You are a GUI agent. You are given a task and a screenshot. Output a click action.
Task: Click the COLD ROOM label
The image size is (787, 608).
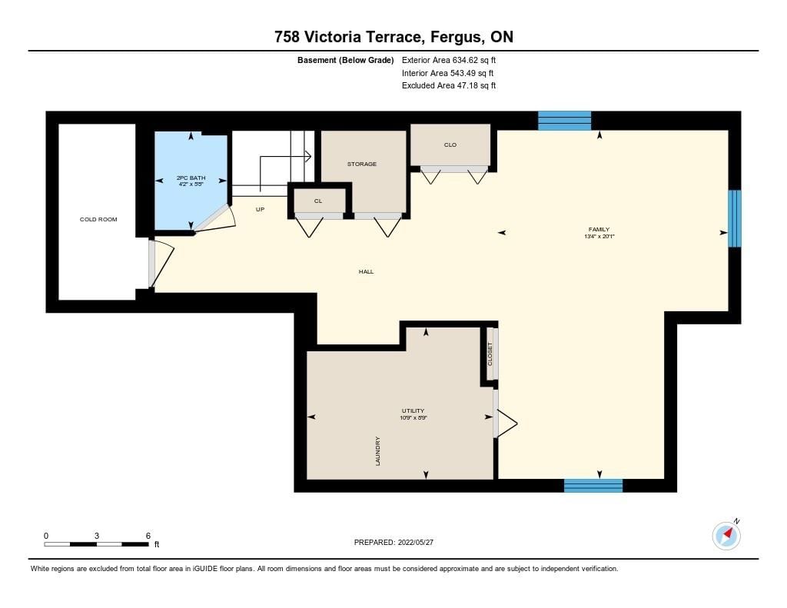[x=98, y=219]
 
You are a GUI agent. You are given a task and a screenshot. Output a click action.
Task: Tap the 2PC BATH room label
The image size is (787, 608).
[x=191, y=178]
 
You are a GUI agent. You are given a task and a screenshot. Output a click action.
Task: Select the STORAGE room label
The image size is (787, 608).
[x=362, y=164]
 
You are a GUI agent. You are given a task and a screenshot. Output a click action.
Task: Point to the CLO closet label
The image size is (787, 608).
[x=450, y=145]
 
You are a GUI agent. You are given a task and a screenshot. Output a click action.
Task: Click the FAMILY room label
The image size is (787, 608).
[x=599, y=230]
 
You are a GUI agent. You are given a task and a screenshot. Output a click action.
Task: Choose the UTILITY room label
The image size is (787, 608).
[x=413, y=410]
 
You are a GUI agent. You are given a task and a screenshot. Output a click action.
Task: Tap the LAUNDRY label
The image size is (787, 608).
[x=377, y=451]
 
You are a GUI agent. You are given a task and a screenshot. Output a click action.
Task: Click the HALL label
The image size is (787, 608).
[x=366, y=271]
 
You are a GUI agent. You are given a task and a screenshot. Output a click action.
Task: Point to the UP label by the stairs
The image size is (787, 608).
[x=260, y=209]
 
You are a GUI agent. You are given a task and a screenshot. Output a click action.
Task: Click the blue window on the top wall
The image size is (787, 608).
[x=565, y=121]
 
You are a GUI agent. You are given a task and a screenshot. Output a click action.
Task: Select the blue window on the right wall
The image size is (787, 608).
[x=734, y=218]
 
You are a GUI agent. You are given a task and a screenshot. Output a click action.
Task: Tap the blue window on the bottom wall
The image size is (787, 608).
[x=593, y=486]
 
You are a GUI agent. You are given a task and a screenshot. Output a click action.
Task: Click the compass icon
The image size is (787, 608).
[x=726, y=536]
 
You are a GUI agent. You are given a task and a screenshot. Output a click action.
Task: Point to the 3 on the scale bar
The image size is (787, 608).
[x=97, y=536]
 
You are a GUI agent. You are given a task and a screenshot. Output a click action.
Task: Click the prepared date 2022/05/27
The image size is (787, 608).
[x=416, y=542]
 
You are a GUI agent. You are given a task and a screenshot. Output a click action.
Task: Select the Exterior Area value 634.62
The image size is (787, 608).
[x=465, y=60]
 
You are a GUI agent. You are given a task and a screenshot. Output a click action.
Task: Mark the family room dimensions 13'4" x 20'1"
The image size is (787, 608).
[x=599, y=237]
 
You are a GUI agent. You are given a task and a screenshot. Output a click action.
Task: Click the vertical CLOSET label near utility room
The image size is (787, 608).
[x=490, y=354]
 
